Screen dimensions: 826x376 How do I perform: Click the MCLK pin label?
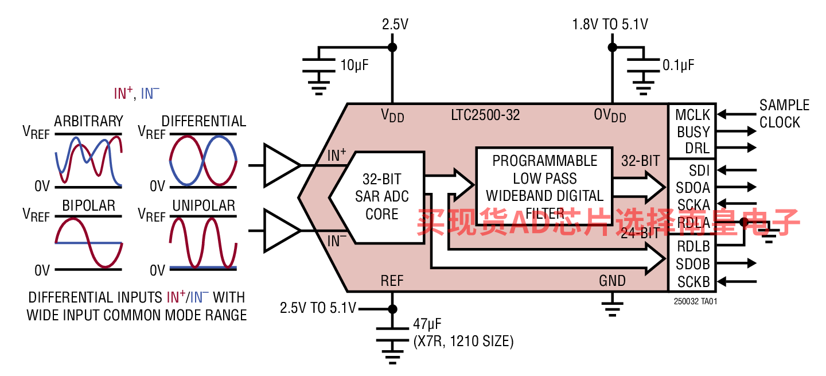[x=692, y=115]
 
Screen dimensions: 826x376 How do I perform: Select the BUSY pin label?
[x=693, y=131]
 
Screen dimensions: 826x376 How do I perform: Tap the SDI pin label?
[x=699, y=170]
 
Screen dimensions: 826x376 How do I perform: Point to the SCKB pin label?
[x=693, y=282]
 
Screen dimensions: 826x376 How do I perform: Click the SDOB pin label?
[x=693, y=264]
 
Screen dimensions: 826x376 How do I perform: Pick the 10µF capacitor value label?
[x=354, y=65]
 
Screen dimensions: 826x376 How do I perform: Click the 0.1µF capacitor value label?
[x=678, y=65]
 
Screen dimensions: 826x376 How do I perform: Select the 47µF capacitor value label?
[x=427, y=324]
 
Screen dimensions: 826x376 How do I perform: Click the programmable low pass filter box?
[x=544, y=187]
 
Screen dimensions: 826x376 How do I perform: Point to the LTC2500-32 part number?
[x=485, y=115]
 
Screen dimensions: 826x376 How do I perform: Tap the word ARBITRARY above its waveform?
[x=88, y=121]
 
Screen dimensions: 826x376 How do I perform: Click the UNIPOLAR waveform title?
[x=204, y=206]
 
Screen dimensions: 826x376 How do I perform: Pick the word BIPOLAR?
[x=88, y=206]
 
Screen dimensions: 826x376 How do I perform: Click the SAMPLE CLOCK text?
[x=784, y=114]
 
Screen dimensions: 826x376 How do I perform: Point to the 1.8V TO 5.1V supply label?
[x=610, y=24]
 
